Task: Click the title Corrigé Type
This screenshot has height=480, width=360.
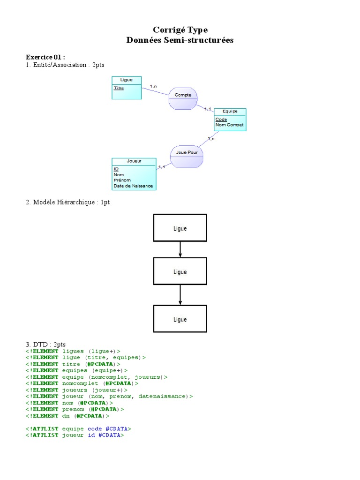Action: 180,30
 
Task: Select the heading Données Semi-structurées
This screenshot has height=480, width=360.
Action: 180,40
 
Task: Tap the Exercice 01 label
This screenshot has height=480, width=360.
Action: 45,57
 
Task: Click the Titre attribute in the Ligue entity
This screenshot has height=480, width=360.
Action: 119,88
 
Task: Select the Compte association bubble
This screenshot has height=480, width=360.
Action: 183,95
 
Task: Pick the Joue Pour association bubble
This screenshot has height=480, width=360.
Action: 187,153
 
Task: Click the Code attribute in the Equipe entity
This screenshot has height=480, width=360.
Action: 221,120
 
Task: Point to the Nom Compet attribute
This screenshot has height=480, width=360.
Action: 229,125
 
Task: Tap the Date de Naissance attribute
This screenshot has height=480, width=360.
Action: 133,186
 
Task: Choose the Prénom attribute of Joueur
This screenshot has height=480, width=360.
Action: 122,180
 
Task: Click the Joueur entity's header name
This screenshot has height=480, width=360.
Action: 134,161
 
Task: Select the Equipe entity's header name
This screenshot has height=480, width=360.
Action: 230,112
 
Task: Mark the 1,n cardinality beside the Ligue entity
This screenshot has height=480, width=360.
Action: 153,86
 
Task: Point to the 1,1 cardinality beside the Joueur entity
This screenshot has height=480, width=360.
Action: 162,167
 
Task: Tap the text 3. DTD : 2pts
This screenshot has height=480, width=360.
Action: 46,345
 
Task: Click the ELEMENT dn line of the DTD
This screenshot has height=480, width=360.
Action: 67,416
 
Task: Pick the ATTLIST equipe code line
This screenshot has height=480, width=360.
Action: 78,428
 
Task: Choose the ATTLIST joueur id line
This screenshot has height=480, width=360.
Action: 75,435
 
